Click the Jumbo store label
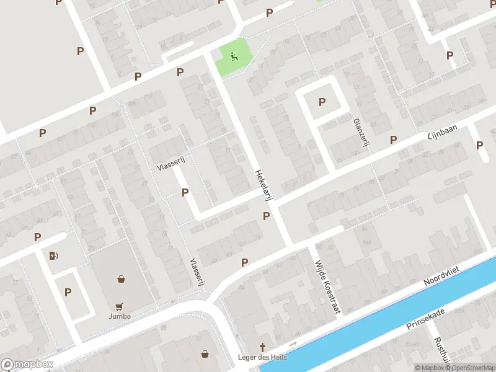[x=120, y=316]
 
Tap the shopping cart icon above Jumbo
[x=120, y=306]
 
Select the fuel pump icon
[x=54, y=255]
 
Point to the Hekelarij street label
[x=264, y=184]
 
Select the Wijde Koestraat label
[x=328, y=286]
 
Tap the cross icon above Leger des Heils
[x=262, y=347]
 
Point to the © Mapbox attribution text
[x=428, y=368]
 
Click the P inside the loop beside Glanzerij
[x=322, y=102]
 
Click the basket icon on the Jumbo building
[x=121, y=279]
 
